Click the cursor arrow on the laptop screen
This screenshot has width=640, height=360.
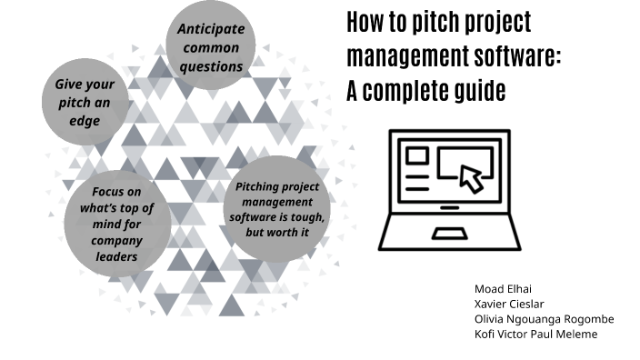[x=471, y=177]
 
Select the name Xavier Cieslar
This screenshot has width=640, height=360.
[x=510, y=304]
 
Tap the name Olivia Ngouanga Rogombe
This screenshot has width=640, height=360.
[x=544, y=319]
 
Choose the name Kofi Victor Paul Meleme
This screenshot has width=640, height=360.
[x=535, y=335]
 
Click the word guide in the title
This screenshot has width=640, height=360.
[x=478, y=91]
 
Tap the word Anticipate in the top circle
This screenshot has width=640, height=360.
[x=211, y=30]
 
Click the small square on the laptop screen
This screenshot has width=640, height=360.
[x=417, y=156]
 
